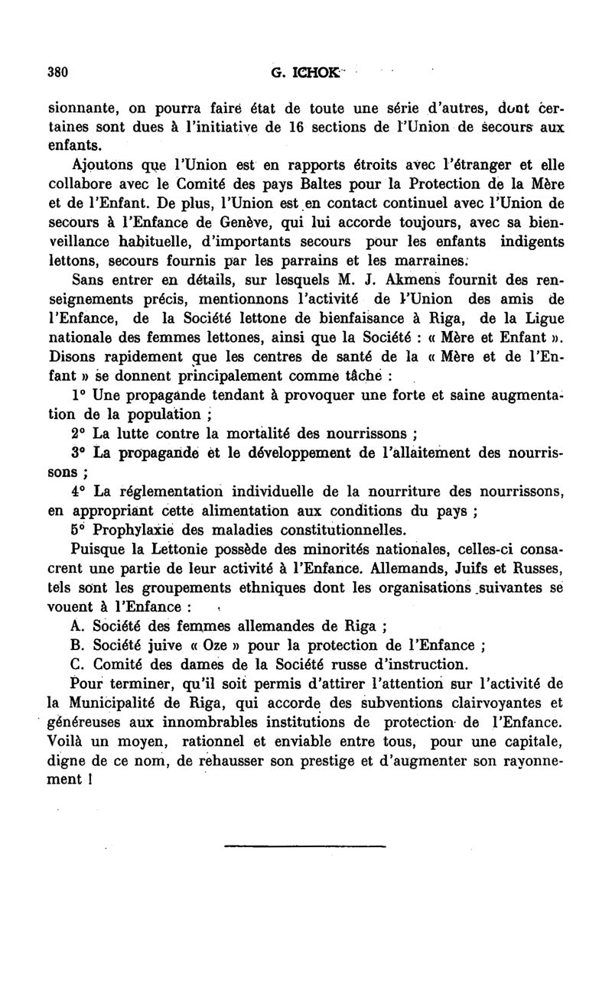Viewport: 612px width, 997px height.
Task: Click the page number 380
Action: tap(58, 73)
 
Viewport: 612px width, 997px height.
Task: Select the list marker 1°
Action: tap(77, 395)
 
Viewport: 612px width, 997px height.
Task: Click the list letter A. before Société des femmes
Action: tap(76, 626)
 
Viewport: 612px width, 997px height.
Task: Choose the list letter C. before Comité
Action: tap(76, 664)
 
